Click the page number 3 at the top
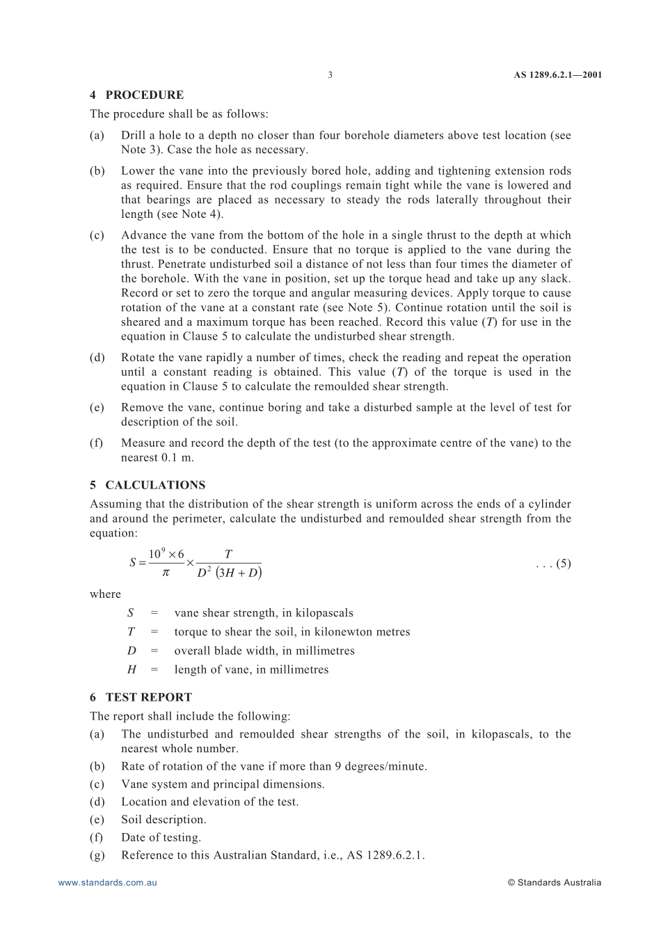[x=330, y=75]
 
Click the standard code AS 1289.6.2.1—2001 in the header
[x=557, y=75]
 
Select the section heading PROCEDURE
[x=145, y=95]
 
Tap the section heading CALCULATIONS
[x=155, y=485]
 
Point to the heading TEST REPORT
[x=148, y=697]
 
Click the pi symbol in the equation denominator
[x=166, y=573]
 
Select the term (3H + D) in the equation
[x=239, y=573]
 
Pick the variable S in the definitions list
[x=130, y=613]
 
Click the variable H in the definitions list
[x=132, y=669]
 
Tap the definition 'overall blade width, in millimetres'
[x=264, y=651]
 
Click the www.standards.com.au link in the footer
[x=108, y=882]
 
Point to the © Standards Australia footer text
[x=554, y=882]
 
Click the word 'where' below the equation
[x=105, y=594]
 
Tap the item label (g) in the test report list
[x=97, y=855]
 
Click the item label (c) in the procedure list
[x=97, y=235]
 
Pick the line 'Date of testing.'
[x=161, y=838]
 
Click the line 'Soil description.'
[x=164, y=820]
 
